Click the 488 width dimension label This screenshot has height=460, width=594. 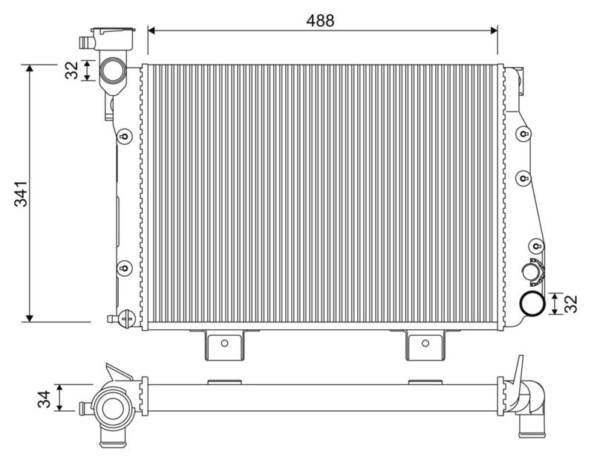(320, 21)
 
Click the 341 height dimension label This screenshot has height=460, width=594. (22, 194)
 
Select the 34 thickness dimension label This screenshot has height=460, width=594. (45, 399)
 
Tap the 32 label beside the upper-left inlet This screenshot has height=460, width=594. (71, 70)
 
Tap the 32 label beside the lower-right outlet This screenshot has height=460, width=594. (570, 304)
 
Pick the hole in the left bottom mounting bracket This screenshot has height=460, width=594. (224, 343)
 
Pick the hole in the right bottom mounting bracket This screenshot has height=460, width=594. (425, 343)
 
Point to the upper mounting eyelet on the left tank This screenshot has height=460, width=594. (124, 136)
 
